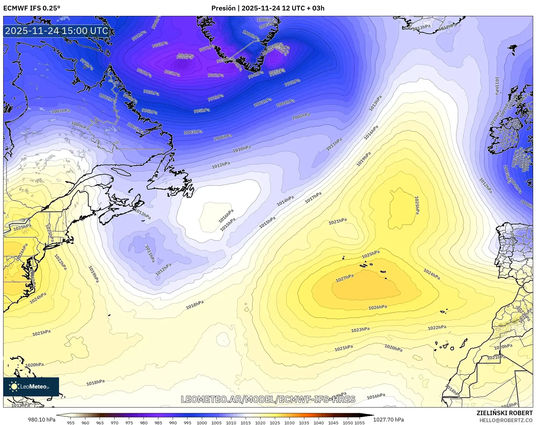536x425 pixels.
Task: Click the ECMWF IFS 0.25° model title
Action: coord(32,8)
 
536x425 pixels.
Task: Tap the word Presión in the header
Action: coord(223,8)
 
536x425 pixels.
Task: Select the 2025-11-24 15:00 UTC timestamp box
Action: coord(57,31)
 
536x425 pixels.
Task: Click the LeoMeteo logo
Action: coord(31,387)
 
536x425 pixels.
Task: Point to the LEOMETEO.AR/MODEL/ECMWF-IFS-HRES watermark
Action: coord(268,399)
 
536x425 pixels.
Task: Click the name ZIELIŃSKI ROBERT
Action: coord(505,413)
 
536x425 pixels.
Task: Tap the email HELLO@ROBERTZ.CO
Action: coord(506,420)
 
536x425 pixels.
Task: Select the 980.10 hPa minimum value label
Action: coord(42,420)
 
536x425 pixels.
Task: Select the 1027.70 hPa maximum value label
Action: coord(388,420)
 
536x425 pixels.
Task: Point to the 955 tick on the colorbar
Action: coord(71,423)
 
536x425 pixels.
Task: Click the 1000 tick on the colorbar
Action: coord(202,423)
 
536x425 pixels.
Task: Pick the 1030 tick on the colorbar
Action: coord(289,423)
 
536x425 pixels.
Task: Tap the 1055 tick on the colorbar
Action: coord(360,423)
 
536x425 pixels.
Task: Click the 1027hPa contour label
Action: coord(345,278)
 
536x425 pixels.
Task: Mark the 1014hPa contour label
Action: coord(285,201)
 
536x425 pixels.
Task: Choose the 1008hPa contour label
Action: coord(301,116)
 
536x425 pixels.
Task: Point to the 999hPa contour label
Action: coord(292,83)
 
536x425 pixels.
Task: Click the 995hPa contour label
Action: coord(202,111)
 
